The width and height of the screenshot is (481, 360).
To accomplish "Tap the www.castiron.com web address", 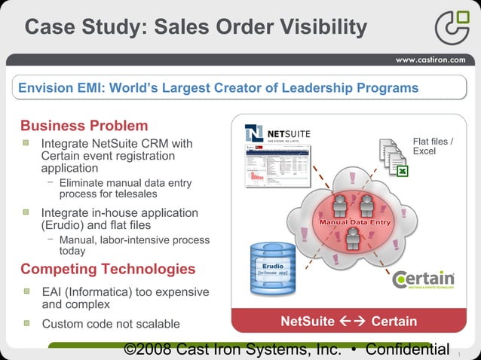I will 430,59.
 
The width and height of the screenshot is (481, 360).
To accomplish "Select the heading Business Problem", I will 84,125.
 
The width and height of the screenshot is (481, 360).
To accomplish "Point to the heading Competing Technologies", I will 108,269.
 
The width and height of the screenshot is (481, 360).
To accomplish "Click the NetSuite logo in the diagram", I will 277,134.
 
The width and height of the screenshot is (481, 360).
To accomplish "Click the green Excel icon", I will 403,172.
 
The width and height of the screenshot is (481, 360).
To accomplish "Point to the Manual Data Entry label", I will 354,222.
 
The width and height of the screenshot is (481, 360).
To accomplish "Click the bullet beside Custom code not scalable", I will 26,323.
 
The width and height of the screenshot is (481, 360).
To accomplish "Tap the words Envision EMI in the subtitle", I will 60,88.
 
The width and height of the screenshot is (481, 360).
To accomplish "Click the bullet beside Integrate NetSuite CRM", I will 26,142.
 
